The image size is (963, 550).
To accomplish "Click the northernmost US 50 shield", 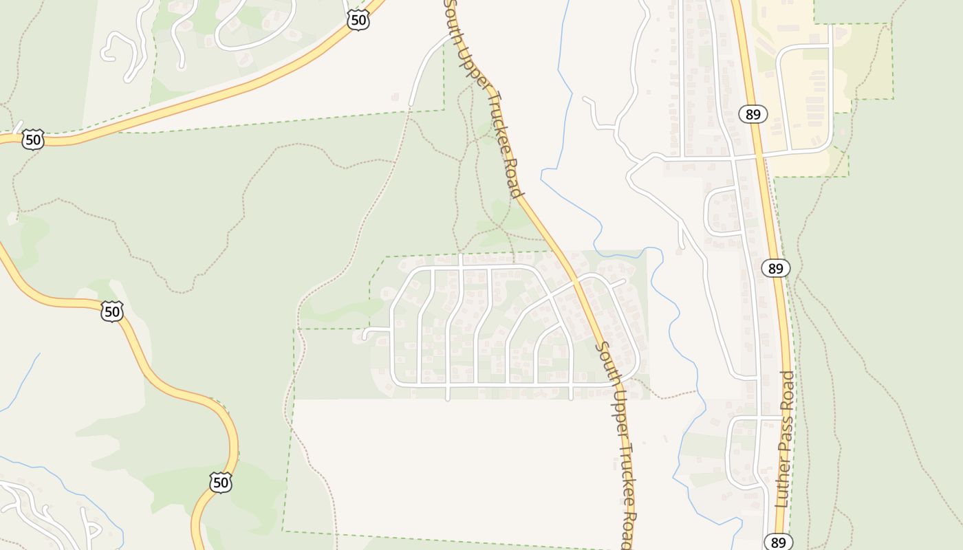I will [x=358, y=20].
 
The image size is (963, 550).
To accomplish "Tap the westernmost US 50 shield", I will [x=32, y=140].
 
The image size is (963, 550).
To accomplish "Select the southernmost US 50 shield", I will [x=220, y=482].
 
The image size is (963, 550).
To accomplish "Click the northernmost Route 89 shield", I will [x=753, y=114].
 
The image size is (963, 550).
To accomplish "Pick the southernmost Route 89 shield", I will [x=778, y=542].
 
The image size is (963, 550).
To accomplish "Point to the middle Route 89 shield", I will [x=775, y=268].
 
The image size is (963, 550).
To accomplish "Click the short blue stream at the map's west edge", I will [x=21, y=385].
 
